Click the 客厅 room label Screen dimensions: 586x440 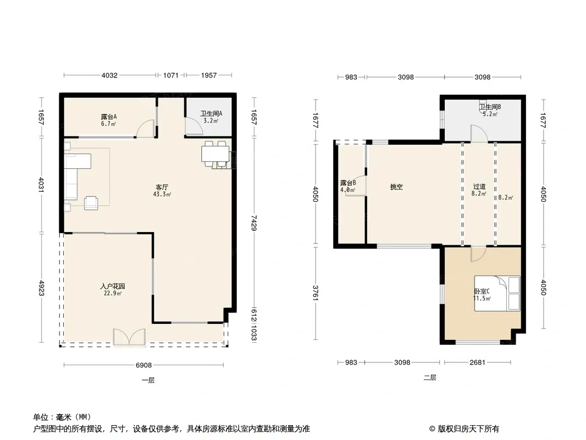tap(162, 187)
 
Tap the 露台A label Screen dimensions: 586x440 tap(109, 117)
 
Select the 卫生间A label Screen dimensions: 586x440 tap(211, 113)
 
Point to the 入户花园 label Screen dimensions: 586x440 tap(113, 287)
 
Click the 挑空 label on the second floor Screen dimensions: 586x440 tap(396, 187)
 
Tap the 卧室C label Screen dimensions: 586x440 tap(482, 291)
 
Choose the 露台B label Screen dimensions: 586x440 tap(348, 183)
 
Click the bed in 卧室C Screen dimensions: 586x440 tap(497, 294)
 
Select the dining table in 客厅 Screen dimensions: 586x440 tap(215, 154)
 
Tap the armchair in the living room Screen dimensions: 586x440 tap(91, 202)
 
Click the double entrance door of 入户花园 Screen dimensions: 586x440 tap(129, 337)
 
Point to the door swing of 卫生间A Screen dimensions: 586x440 tap(194, 125)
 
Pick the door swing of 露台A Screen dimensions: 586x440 tap(146, 128)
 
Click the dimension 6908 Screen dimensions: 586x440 tap(143, 365)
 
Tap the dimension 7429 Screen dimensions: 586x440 tap(254, 222)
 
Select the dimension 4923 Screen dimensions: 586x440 tap(41, 288)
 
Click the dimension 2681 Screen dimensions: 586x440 tap(477, 362)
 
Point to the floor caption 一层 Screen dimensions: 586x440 tap(148, 380)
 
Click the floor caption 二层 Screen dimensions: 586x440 tap(430, 377)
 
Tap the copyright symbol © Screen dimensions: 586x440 tap(432, 429)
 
